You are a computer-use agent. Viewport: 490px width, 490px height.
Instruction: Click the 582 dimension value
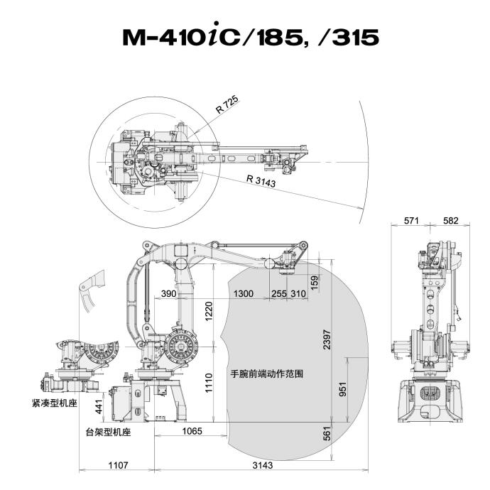pyautogui.click(x=450, y=221)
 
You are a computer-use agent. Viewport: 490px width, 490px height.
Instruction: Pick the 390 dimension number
pyautogui.click(x=168, y=293)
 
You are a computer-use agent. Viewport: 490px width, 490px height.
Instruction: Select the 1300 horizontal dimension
pyautogui.click(x=243, y=293)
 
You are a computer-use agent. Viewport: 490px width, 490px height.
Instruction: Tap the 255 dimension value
pyautogui.click(x=279, y=293)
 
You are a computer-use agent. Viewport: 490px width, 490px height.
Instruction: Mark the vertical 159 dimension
pyautogui.click(x=315, y=281)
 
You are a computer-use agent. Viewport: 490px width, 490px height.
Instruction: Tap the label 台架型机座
pyautogui.click(x=107, y=431)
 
